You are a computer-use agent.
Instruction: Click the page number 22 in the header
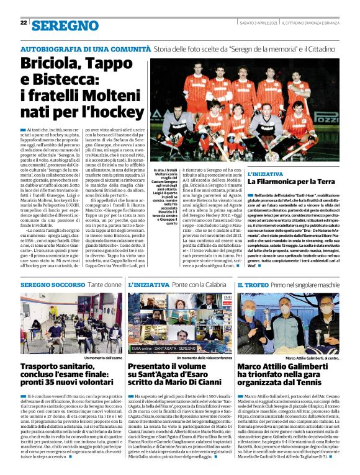(24, 23)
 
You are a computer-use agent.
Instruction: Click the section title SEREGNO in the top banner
(60, 25)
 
